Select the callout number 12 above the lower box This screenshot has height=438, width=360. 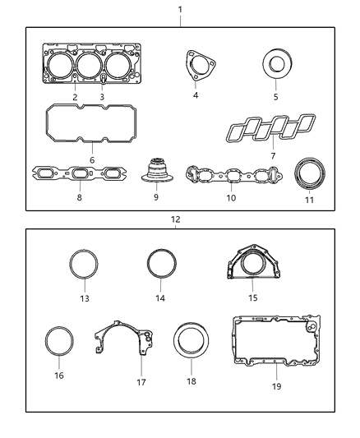[174, 219]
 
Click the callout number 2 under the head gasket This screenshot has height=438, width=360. [75, 97]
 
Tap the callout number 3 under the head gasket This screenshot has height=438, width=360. [101, 97]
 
